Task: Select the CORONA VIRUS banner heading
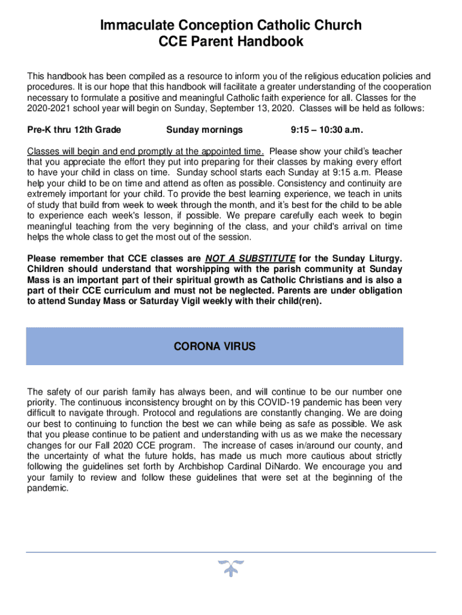tap(214, 347)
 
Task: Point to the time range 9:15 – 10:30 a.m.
tap(327, 130)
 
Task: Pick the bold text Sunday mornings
tap(205, 130)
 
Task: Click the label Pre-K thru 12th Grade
tap(74, 130)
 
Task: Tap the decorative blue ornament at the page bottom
tap(230, 568)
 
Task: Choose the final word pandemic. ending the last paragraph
tap(48, 488)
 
